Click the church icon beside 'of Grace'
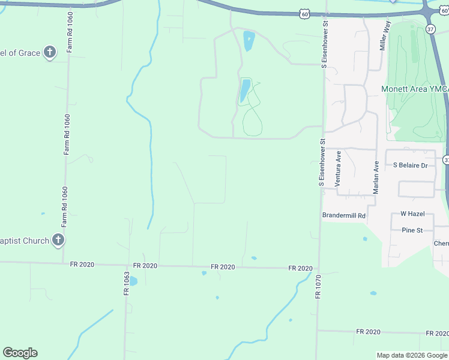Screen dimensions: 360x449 pyautogui.click(x=50, y=53)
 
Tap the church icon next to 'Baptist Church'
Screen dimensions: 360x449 pyautogui.click(x=58, y=241)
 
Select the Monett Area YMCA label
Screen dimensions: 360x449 pyautogui.click(x=415, y=89)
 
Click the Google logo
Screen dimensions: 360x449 pyautogui.click(x=20, y=353)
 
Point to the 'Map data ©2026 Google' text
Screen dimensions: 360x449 pyautogui.click(x=412, y=355)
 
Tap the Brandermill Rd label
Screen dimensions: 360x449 pyautogui.click(x=344, y=215)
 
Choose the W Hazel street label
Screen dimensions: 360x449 pyautogui.click(x=412, y=214)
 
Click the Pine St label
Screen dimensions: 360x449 pyautogui.click(x=412, y=230)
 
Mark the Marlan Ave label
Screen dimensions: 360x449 pyautogui.click(x=376, y=176)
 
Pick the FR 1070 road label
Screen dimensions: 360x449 pyautogui.click(x=318, y=287)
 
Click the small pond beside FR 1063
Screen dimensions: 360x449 pyautogui.click(x=133, y=281)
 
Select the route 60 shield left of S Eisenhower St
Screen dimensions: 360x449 pyautogui.click(x=305, y=14)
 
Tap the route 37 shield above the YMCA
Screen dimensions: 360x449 pyautogui.click(x=430, y=29)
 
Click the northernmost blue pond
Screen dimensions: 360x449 pyautogui.click(x=249, y=41)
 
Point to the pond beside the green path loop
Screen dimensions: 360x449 pyautogui.click(x=245, y=90)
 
